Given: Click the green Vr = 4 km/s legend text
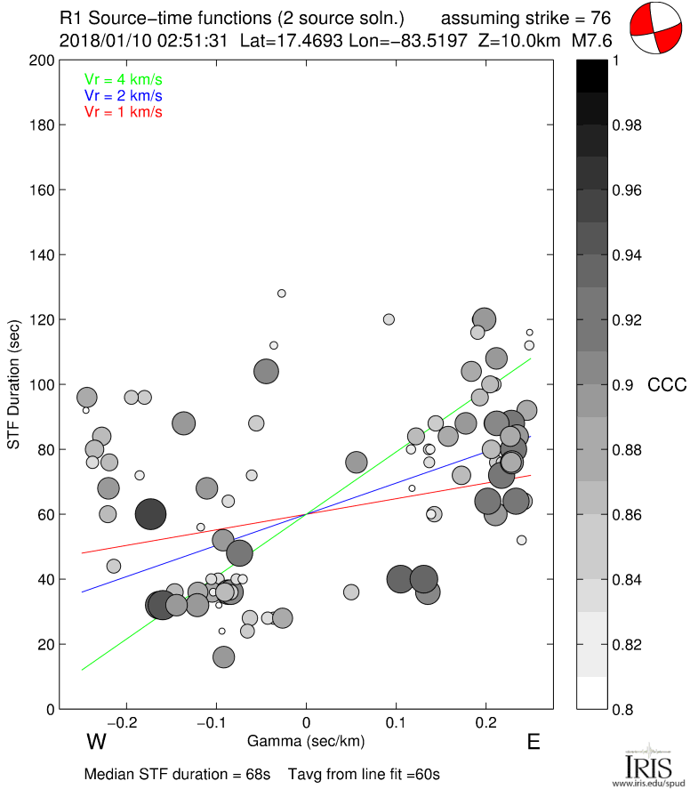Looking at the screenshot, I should pyautogui.click(x=123, y=79).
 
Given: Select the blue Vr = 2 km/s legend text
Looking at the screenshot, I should pyautogui.click(x=123, y=95).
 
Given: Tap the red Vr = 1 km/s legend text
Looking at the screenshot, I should pyautogui.click(x=123, y=111).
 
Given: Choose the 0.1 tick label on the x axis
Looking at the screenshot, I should pyautogui.click(x=397, y=721).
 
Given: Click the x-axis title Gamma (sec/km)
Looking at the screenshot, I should pyautogui.click(x=306, y=740).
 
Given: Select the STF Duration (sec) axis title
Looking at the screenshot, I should pyautogui.click(x=14, y=385).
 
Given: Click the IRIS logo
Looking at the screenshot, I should pyautogui.click(x=647, y=765).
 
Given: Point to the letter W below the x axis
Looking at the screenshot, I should pyautogui.click(x=97, y=742).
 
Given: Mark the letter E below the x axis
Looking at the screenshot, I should pyautogui.click(x=534, y=742).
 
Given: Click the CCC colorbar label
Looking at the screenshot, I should pyautogui.click(x=667, y=385).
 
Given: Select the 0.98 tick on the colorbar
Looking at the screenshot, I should pyautogui.click(x=626, y=125).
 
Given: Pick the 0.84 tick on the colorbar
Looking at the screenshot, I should pyautogui.click(x=626, y=580).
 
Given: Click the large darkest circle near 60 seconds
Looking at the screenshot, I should pyautogui.click(x=151, y=514).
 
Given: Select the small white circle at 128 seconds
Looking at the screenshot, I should pyautogui.click(x=282, y=294).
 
